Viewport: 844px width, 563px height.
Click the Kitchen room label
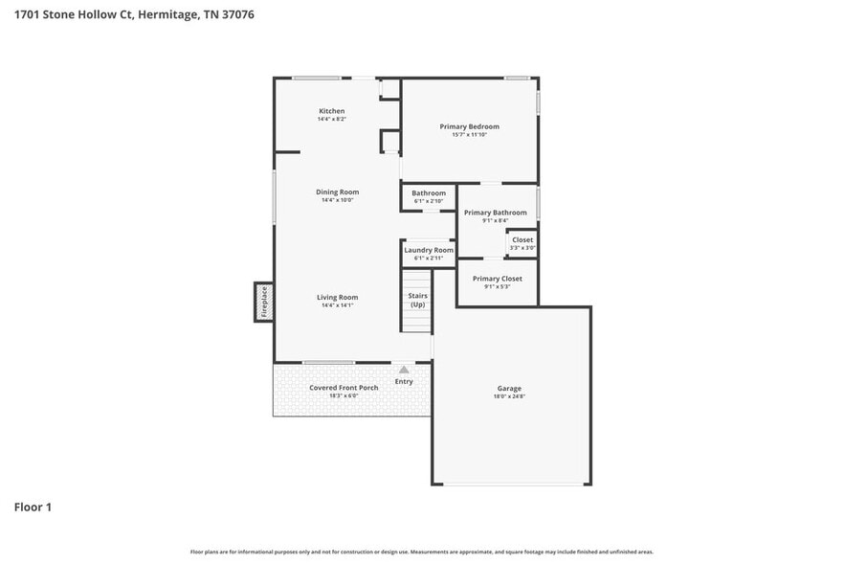point(331,111)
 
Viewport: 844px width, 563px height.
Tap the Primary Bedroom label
point(469,126)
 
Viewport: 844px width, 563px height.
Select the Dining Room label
point(337,192)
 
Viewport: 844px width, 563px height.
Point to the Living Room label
point(337,297)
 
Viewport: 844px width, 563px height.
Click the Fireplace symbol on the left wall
point(264,303)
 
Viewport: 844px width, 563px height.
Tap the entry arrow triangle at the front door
point(404,369)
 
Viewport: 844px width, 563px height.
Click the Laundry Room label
point(428,250)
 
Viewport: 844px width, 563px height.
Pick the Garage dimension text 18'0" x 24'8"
point(509,397)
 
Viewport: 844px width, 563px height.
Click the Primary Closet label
point(497,279)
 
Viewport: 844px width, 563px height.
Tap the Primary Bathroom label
point(495,213)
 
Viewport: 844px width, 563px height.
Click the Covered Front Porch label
point(344,388)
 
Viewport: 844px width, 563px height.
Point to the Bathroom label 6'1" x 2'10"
point(429,193)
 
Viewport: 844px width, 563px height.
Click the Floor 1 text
point(33,507)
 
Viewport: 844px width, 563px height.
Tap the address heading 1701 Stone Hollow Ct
point(133,14)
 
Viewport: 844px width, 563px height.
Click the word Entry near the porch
point(404,381)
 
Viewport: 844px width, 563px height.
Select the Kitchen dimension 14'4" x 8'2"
point(331,119)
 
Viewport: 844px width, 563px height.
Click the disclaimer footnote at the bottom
point(421,552)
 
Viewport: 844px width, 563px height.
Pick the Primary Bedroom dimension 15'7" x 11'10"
point(469,134)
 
